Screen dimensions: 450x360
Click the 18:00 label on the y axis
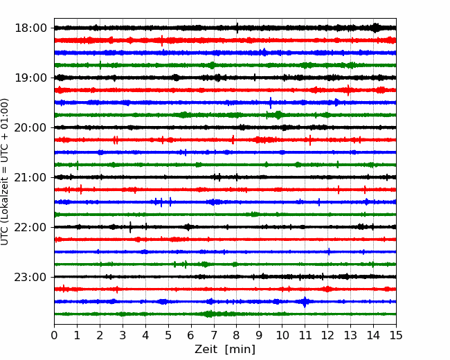point(30,28)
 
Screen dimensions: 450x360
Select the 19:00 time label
point(30,78)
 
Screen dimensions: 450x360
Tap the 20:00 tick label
point(30,127)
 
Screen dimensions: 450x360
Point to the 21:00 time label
point(30,177)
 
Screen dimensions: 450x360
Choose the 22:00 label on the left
point(30,227)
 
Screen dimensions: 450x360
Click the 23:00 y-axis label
point(30,277)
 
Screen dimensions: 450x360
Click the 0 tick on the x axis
point(54,335)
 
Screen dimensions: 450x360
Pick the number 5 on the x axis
point(168,335)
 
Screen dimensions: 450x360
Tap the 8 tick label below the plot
point(237,335)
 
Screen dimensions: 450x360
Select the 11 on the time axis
point(305,335)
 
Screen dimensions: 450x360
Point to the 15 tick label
point(396,335)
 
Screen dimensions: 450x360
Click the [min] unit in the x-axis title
point(240,350)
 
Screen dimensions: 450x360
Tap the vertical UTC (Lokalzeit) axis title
point(5,172)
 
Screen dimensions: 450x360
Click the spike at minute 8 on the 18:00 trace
point(237,28)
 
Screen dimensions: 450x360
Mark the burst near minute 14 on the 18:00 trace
point(375,28)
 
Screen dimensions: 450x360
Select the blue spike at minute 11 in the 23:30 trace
point(305,302)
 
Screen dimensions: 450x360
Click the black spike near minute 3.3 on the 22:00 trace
point(130,227)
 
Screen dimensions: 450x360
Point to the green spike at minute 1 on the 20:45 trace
point(78,165)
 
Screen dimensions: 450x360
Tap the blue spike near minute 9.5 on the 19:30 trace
point(271,102)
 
